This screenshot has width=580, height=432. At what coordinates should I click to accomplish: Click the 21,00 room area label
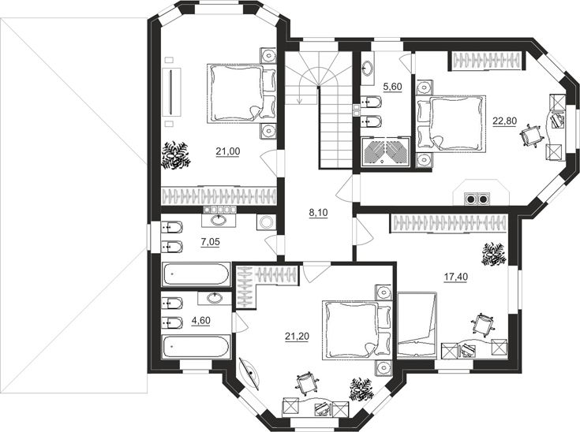tap(228, 151)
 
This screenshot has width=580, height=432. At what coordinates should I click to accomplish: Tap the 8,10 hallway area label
tap(319, 213)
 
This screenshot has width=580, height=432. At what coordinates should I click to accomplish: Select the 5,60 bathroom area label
tap(392, 88)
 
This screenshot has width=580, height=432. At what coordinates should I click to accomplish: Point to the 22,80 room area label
tap(504, 121)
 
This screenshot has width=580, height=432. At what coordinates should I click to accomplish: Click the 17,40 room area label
tap(455, 277)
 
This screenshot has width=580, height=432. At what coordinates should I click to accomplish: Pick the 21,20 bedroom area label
tap(297, 337)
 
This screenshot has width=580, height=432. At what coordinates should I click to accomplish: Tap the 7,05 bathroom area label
tap(210, 242)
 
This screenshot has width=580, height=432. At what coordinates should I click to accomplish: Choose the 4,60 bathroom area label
tap(200, 320)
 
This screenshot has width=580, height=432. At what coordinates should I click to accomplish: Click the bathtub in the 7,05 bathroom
tap(196, 274)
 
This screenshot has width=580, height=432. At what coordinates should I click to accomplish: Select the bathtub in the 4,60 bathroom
tap(196, 347)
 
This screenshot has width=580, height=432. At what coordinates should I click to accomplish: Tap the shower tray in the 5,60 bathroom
tap(385, 151)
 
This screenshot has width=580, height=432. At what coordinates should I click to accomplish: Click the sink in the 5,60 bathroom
tap(367, 68)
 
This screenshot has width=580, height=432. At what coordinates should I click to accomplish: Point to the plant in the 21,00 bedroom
tap(175, 155)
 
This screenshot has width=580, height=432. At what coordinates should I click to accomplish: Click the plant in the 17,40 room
tap(493, 255)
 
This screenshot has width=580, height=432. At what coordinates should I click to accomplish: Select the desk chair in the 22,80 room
tap(532, 136)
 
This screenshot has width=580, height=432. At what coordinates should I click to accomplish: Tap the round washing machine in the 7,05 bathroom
tap(265, 222)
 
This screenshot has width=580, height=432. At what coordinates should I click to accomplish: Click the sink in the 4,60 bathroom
tap(214, 298)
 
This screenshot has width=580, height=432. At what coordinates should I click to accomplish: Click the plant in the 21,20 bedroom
tap(361, 389)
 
